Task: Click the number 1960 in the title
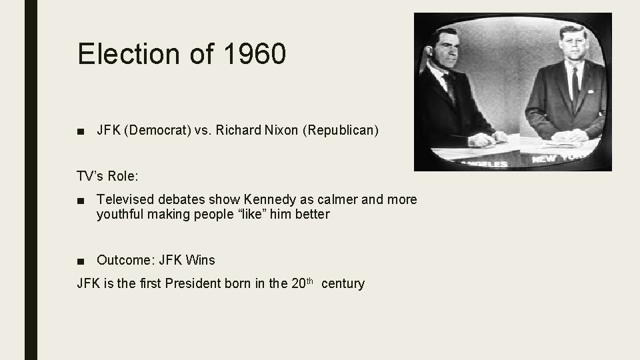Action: click(x=255, y=54)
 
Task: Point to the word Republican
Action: click(x=341, y=130)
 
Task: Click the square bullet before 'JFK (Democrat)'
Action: click(x=81, y=131)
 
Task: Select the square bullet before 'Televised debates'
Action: click(x=81, y=200)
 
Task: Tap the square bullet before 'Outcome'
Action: click(x=81, y=261)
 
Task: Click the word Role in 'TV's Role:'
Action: click(x=120, y=176)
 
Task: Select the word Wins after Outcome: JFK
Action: click(x=201, y=260)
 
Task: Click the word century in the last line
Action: click(x=343, y=283)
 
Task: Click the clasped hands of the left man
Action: click(x=481, y=139)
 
